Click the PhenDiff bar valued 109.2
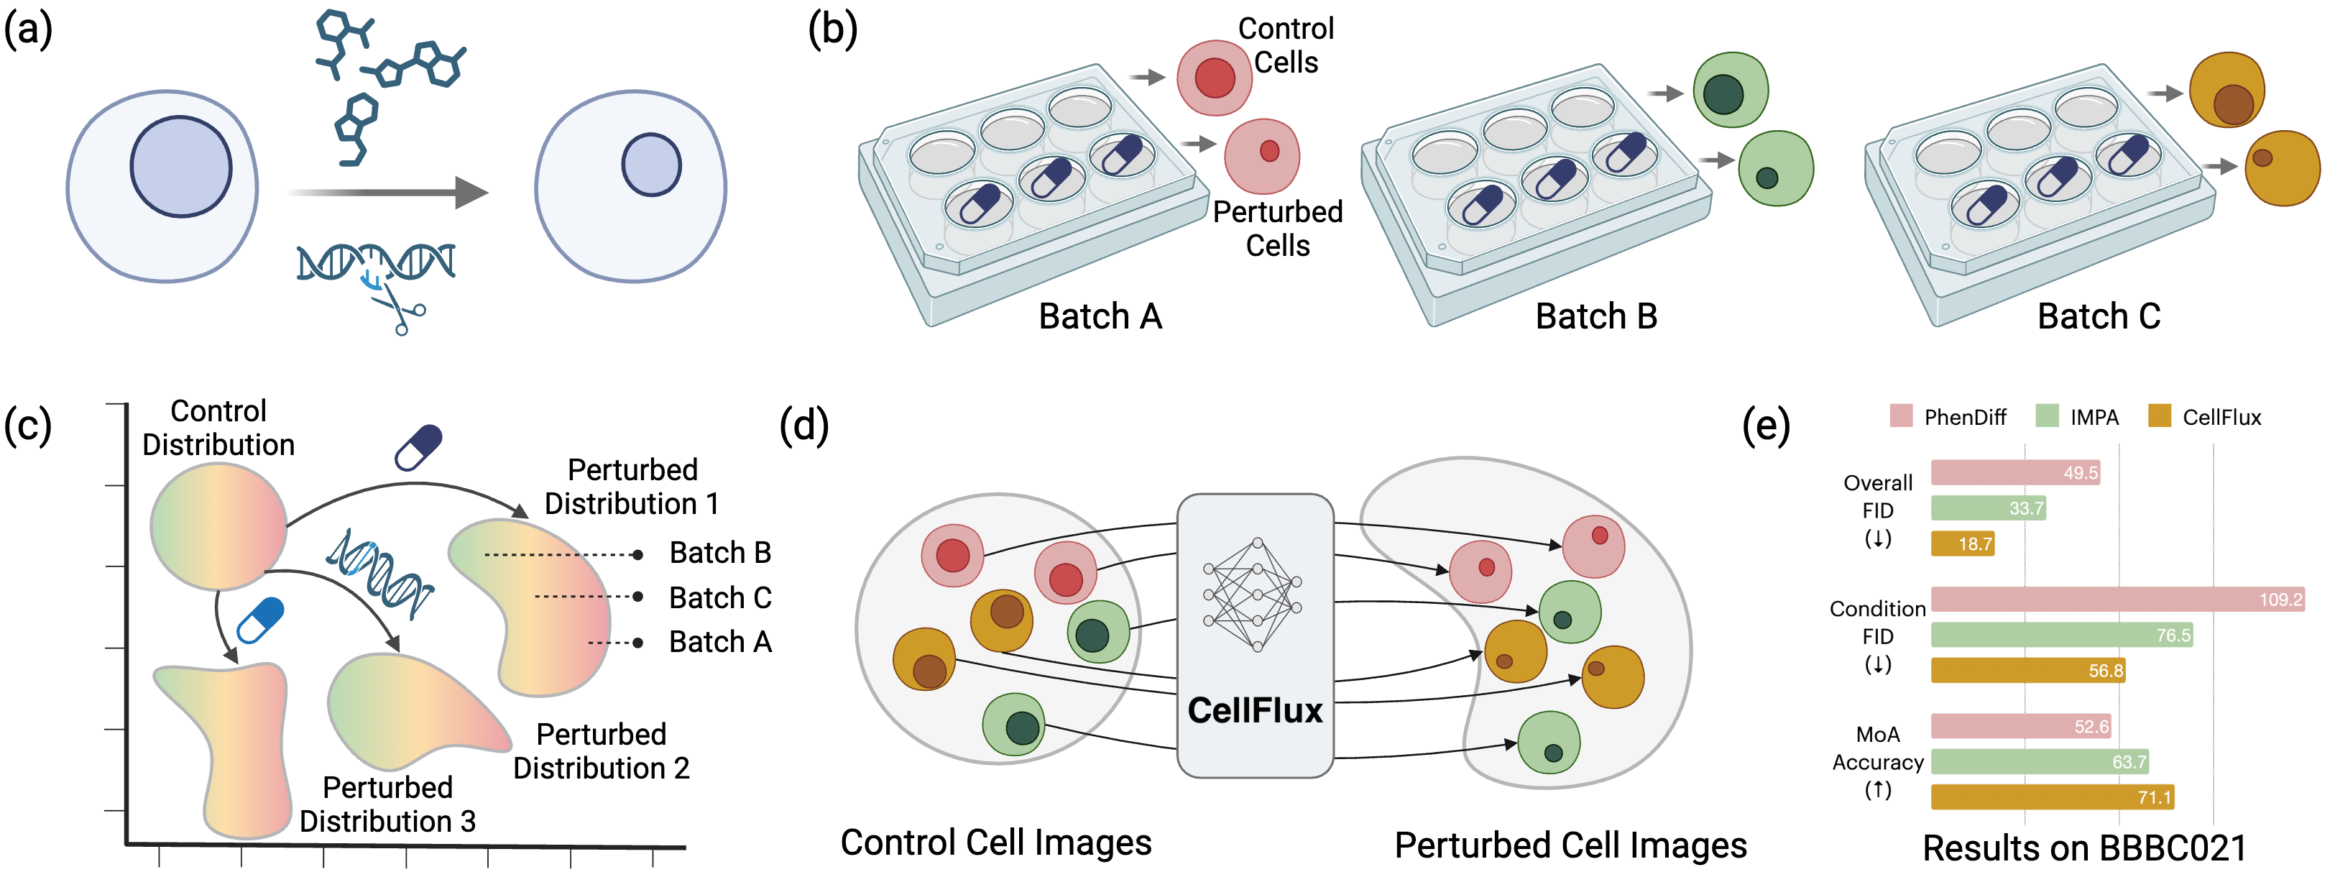[x=2117, y=599]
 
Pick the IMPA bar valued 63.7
[x=2039, y=761]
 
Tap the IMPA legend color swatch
[x=2047, y=416]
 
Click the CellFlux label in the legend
[x=2221, y=418]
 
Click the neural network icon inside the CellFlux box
[x=1255, y=595]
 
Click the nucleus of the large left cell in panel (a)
[x=180, y=167]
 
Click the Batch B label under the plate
[x=1595, y=316]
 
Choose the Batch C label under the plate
[x=2098, y=316]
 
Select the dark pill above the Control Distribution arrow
[x=419, y=447]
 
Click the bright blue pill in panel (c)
[x=260, y=620]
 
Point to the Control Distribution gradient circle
[x=218, y=526]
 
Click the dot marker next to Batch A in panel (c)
[x=638, y=643]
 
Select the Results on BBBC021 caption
[x=2084, y=848]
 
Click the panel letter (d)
[x=804, y=426]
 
